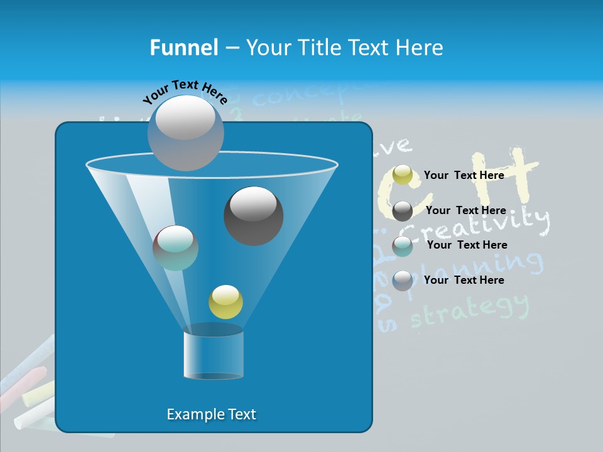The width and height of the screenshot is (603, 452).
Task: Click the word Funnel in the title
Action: [x=183, y=48]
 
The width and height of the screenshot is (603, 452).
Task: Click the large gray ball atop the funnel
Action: [x=186, y=132]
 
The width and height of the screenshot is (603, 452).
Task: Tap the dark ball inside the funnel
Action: [x=253, y=215]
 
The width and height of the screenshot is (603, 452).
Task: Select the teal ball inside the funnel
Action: [x=175, y=248]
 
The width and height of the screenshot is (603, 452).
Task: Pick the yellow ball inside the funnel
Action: [x=225, y=302]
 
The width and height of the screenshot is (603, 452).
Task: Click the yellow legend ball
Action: [x=403, y=175]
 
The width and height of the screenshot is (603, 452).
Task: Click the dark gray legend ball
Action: [x=403, y=211]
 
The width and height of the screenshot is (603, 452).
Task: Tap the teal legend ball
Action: [x=403, y=246]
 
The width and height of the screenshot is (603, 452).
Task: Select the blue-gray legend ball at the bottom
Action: [x=403, y=280]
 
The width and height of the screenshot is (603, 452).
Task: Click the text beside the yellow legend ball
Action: [x=464, y=175]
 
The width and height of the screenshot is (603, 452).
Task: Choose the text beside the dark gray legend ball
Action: [x=465, y=210]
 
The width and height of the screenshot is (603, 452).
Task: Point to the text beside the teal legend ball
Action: [x=467, y=245]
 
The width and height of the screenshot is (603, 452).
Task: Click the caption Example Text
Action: [x=211, y=414]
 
